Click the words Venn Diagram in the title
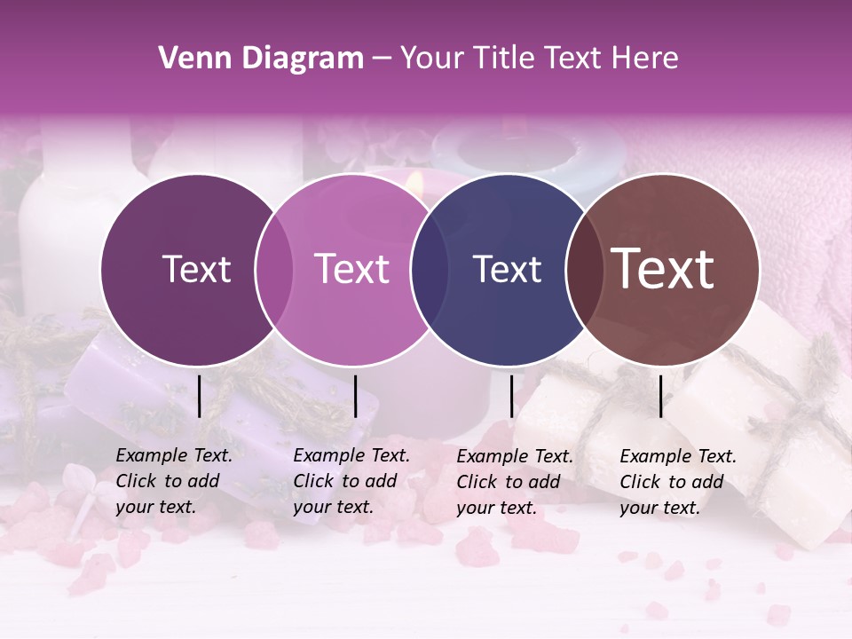click(261, 59)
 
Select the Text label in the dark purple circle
click(196, 269)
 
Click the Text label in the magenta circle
click(352, 269)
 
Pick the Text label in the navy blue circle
click(507, 269)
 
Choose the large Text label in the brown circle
click(663, 268)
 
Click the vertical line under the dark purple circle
click(199, 396)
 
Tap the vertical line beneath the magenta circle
click(355, 396)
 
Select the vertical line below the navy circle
click(511, 396)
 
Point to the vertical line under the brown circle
click(660, 396)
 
